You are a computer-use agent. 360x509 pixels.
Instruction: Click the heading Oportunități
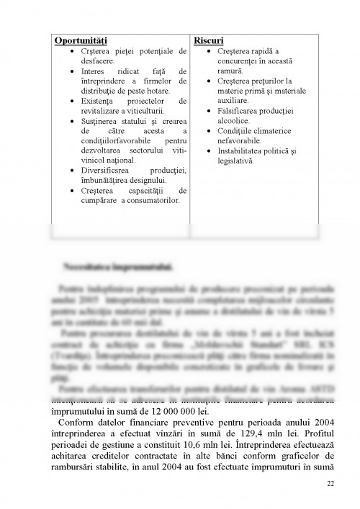[81, 40]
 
